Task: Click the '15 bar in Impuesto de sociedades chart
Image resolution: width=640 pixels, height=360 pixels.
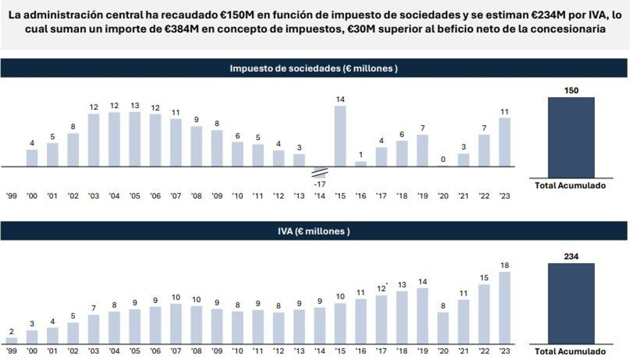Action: coord(340,136)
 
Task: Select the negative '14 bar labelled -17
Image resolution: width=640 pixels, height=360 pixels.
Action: coord(320,172)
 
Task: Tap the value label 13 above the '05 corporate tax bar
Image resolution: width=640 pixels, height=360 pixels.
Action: coord(135,106)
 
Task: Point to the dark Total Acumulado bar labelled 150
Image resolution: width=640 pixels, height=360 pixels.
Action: coord(571,138)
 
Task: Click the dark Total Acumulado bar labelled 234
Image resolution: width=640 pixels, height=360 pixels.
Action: coord(571,304)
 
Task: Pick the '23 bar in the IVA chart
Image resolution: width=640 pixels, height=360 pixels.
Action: coord(504,308)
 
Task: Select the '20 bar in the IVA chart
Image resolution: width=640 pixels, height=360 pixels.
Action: coord(443,328)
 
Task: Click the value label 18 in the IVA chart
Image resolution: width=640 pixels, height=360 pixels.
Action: coord(504,265)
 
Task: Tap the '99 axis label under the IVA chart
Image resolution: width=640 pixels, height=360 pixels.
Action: coord(11,351)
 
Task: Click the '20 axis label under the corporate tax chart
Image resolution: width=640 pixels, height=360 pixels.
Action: coord(443,196)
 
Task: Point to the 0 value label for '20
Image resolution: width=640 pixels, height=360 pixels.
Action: coord(443,159)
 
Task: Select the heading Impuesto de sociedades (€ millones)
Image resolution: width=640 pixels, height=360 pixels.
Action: coord(314,68)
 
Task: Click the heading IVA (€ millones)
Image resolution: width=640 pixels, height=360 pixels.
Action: coord(314,231)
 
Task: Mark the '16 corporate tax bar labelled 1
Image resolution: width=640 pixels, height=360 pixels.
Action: coord(360,164)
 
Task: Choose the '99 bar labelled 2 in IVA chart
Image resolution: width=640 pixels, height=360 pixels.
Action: coord(11,341)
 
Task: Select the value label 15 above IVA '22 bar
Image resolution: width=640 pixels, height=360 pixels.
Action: coord(484,278)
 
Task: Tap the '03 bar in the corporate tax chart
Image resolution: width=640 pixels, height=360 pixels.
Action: coord(94,140)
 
